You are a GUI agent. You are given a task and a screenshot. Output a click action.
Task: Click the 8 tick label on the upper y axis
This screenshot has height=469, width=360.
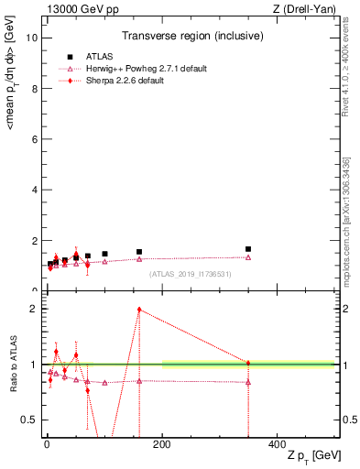31,89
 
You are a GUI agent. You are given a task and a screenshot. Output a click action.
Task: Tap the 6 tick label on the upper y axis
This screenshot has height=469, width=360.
31,139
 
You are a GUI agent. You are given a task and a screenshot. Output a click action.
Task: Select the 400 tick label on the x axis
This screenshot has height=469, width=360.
278,442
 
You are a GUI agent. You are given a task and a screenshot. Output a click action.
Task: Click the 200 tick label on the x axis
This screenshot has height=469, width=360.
162,442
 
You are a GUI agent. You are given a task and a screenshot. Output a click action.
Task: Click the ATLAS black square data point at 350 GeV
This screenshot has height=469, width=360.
248,248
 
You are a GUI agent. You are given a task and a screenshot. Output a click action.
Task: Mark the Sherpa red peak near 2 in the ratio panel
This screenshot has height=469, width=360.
139,310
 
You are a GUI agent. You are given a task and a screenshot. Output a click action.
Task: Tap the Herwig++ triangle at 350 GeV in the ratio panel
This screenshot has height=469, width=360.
248,382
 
